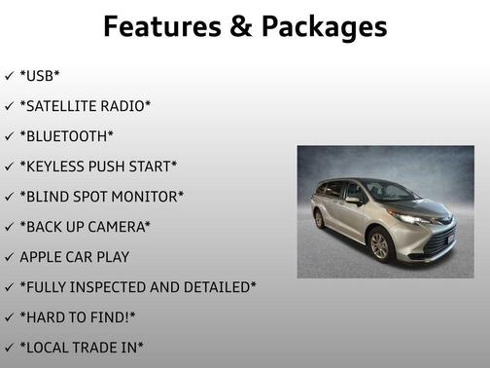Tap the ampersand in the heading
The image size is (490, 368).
tap(236, 26)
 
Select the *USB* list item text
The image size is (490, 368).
tap(41, 76)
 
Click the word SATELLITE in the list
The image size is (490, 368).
tap(68, 106)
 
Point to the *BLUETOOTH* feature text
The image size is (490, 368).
tap(67, 136)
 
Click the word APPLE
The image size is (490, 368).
tap(44, 257)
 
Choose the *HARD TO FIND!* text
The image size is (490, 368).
tap(77, 317)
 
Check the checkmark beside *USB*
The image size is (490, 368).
tap(9, 76)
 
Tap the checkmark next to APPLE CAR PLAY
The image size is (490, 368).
tap(9, 257)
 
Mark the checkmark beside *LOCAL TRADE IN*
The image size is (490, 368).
tap(9, 348)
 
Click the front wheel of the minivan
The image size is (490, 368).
tap(380, 244)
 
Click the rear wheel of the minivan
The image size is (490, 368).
tap(319, 218)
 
